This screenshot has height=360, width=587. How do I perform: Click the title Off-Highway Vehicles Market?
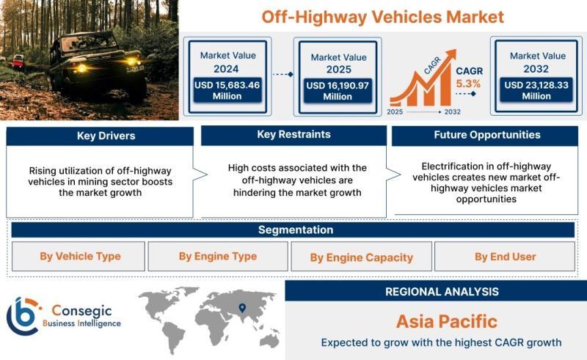pos(382,17)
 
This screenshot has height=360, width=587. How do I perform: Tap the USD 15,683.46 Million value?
pos(227,90)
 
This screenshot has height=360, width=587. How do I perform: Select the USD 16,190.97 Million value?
pos(338,91)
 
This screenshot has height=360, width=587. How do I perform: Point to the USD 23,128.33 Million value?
pos(536,90)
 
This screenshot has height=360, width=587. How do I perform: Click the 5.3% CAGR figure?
pos(468,84)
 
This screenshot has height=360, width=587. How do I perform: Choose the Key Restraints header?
pos(294,135)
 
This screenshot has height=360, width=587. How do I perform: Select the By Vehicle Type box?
pos(79,257)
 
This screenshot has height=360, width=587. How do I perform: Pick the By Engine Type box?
pos(218,257)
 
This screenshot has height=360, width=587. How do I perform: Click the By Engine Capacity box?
pos(361,257)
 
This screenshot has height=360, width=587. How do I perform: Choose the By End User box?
pos(505,257)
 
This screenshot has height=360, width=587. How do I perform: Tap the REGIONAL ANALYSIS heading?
pos(442,292)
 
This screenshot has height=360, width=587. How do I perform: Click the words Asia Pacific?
pos(447,321)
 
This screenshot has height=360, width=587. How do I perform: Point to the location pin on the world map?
pos(242,308)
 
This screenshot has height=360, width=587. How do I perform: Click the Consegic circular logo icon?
pos(23,316)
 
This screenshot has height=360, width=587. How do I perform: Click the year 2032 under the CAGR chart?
pos(452,112)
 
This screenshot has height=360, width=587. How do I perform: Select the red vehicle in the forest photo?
pos(18,61)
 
